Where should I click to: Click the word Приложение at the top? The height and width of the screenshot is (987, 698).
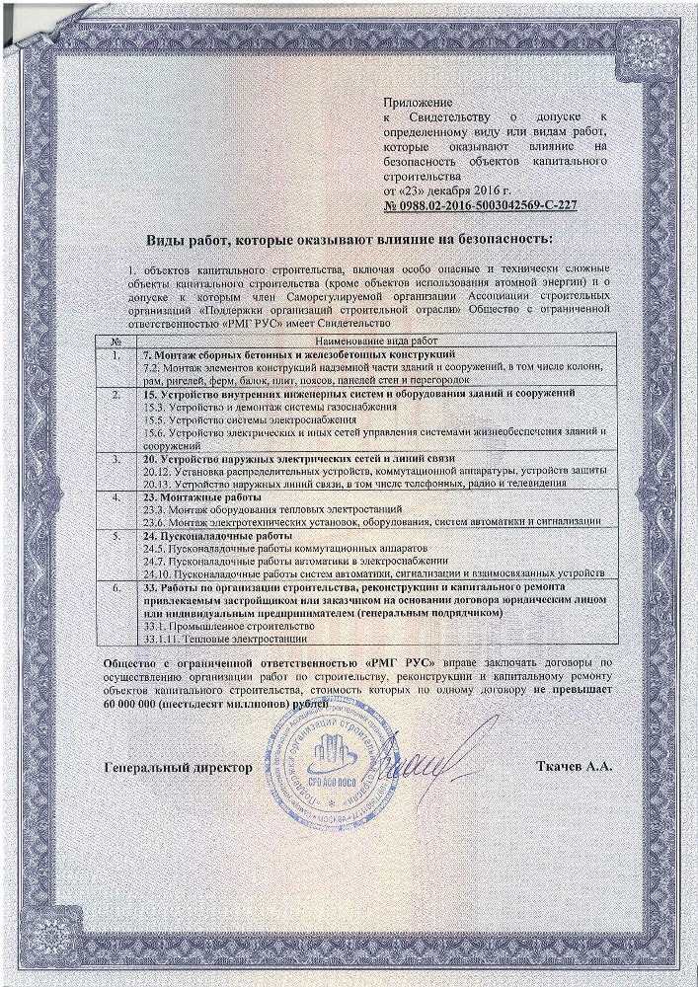point(417,103)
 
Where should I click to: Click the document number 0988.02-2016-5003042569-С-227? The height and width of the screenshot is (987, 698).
point(484,205)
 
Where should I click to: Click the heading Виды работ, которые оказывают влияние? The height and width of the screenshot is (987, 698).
point(350,240)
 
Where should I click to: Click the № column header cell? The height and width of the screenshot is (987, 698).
point(116,340)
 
